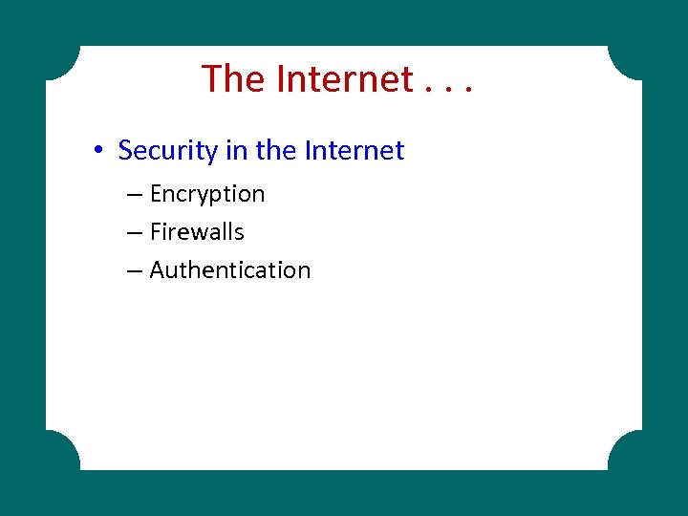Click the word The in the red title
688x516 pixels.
coord(234,78)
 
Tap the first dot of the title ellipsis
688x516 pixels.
coord(424,93)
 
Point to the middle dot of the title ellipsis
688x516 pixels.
coord(446,93)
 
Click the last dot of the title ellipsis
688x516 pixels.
coord(468,93)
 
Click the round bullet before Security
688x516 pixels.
coord(98,151)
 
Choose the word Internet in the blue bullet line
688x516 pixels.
coord(354,150)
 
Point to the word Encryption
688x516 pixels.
coord(207,194)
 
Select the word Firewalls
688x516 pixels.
coord(197,232)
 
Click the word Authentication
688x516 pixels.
coord(230,270)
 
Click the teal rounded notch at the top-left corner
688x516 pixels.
coord(59,59)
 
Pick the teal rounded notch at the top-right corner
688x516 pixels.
coord(628,59)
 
